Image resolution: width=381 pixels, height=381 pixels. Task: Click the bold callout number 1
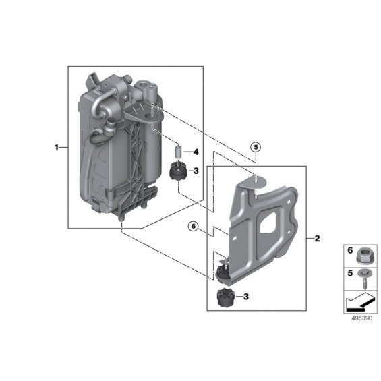click(x=57, y=148)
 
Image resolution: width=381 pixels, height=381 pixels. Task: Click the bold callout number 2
click(x=317, y=239)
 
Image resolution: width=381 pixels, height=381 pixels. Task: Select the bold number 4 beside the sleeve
click(x=196, y=152)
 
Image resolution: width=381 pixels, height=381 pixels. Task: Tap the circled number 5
click(x=256, y=147)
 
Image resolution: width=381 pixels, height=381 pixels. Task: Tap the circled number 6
click(x=194, y=227)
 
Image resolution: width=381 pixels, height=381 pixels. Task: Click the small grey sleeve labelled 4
click(x=177, y=152)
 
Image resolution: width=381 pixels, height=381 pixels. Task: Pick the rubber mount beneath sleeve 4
click(x=177, y=171)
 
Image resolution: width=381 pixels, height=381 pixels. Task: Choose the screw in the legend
click(x=363, y=279)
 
